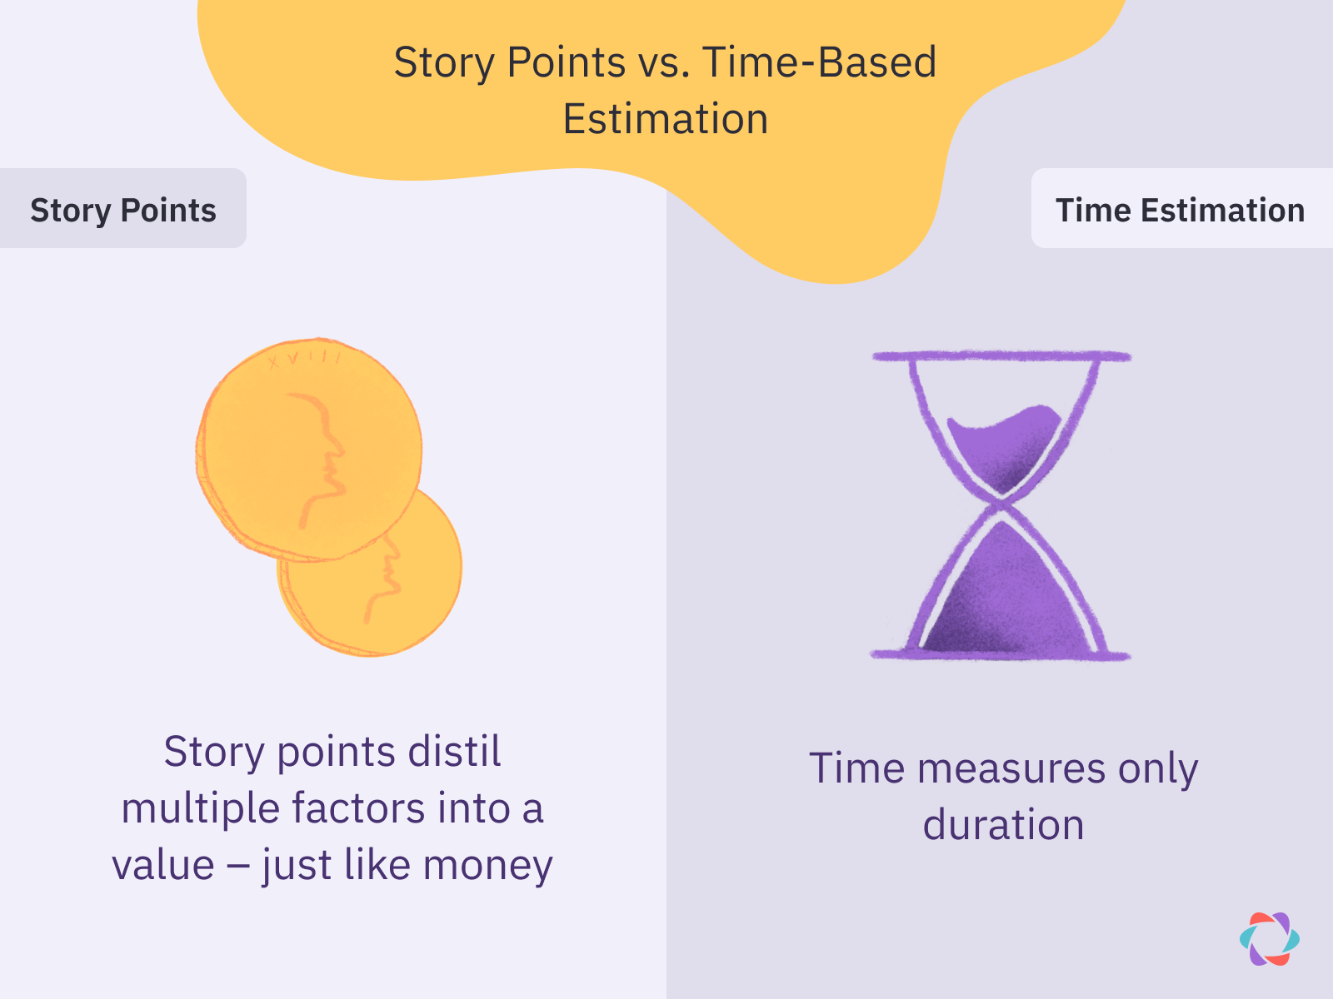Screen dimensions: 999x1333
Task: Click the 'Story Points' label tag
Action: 122,210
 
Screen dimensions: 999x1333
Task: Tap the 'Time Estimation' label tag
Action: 1180,210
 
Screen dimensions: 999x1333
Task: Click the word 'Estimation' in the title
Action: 665,119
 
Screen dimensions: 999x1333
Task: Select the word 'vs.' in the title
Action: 664,62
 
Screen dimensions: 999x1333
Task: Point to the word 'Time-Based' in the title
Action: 819,62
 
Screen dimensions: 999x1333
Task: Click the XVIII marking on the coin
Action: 304,360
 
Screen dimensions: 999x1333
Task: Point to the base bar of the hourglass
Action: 1000,654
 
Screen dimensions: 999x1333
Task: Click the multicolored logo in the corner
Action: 1269,939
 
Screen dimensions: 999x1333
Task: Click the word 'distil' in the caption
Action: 453,751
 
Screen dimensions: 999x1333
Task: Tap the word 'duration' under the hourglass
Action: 1003,825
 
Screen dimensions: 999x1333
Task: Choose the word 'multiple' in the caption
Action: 200,808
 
